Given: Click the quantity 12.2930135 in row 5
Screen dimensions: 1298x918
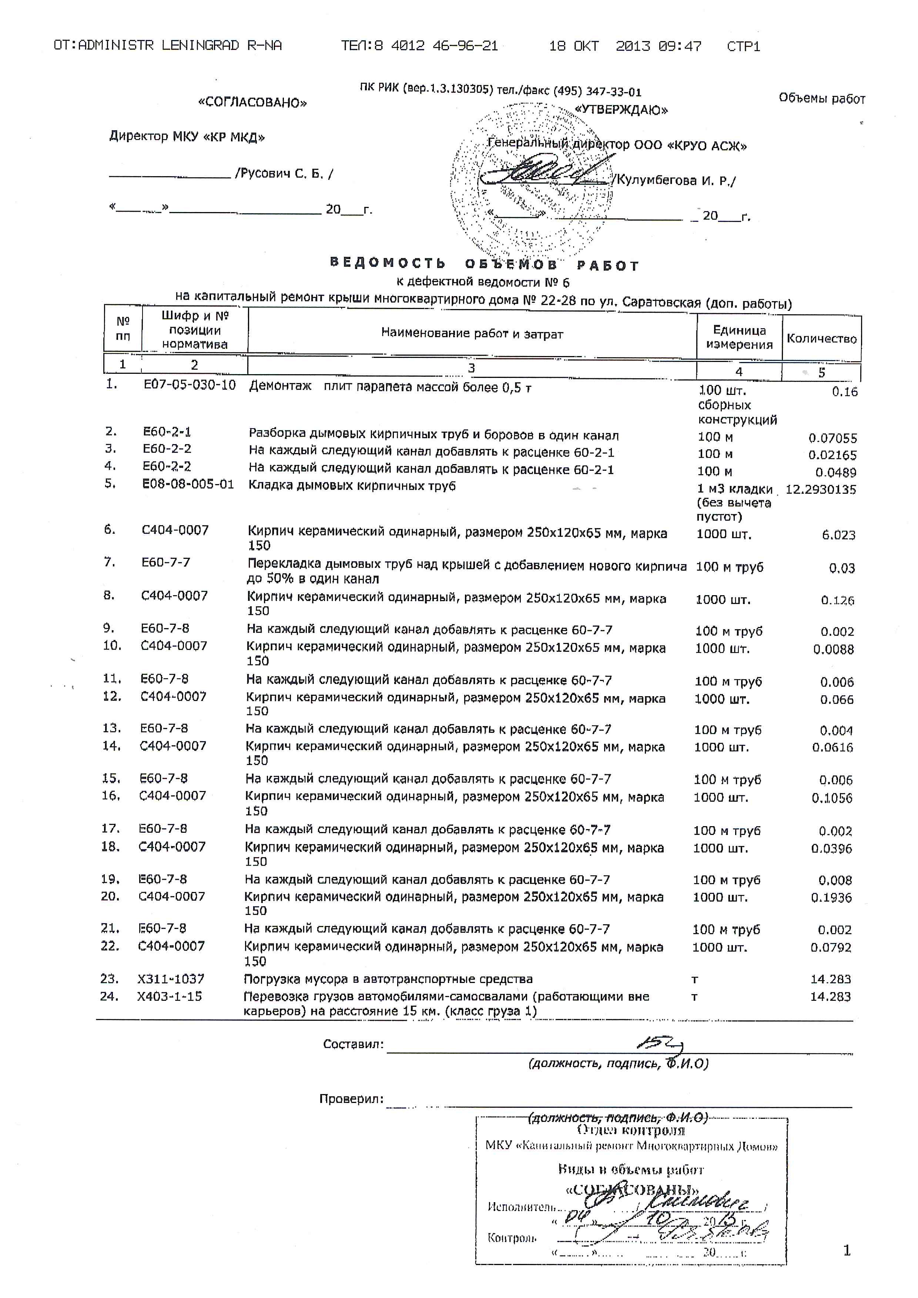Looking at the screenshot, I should (821, 490).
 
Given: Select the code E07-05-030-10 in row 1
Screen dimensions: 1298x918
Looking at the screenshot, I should (190, 386).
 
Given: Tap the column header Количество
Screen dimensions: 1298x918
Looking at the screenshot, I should (821, 339).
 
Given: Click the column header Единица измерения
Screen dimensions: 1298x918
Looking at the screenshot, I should (739, 338).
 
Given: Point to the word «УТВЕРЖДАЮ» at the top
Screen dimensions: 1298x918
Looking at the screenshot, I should (621, 110).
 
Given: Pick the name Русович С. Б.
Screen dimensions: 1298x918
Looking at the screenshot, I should (284, 174).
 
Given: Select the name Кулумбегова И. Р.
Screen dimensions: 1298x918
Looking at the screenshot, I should (676, 181).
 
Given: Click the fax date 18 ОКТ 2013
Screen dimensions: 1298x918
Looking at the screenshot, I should (624, 46).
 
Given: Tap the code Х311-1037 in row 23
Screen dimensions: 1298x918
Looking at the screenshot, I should (171, 979).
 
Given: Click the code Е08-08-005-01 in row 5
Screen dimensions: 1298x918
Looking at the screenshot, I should (188, 484).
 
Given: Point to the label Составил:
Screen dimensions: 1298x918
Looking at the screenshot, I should (353, 1044).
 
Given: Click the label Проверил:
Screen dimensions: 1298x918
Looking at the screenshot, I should (351, 1099).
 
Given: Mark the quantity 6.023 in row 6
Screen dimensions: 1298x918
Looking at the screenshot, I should (838, 535).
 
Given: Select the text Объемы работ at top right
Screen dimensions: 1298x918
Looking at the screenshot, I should (822, 98).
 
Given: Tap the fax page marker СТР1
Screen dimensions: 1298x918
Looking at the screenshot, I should (743, 46).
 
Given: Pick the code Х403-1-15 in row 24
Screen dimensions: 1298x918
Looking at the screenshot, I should (170, 996).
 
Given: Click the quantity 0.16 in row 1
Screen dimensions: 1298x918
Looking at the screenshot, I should (844, 392).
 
